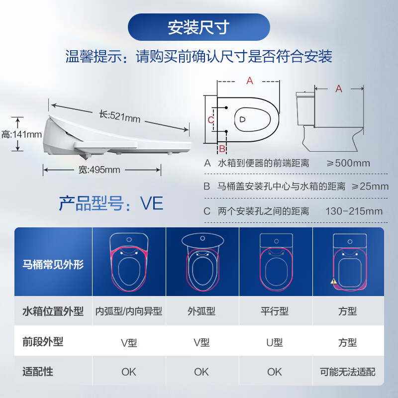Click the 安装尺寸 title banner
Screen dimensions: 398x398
[x=199, y=27]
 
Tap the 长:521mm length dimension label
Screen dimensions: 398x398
[x=119, y=116]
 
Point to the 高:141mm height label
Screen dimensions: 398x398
[x=21, y=134]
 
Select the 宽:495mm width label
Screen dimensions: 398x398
[x=99, y=170]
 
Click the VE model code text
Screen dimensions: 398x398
[x=152, y=203]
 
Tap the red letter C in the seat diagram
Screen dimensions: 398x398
[x=210, y=120]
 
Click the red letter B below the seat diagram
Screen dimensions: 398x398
[x=222, y=148]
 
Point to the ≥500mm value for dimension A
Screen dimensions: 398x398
[x=348, y=163]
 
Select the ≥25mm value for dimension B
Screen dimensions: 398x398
[x=370, y=186]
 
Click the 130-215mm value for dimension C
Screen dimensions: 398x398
[x=354, y=211]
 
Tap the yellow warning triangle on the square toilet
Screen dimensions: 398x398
[x=333, y=281]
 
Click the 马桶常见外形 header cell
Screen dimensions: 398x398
[x=53, y=264]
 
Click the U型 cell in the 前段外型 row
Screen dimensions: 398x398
[x=275, y=342]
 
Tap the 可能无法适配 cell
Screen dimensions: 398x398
[x=347, y=372]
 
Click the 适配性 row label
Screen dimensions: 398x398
[x=38, y=372]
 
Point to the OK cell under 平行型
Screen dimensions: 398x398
[x=275, y=372]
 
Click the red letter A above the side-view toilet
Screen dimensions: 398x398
[x=339, y=89]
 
